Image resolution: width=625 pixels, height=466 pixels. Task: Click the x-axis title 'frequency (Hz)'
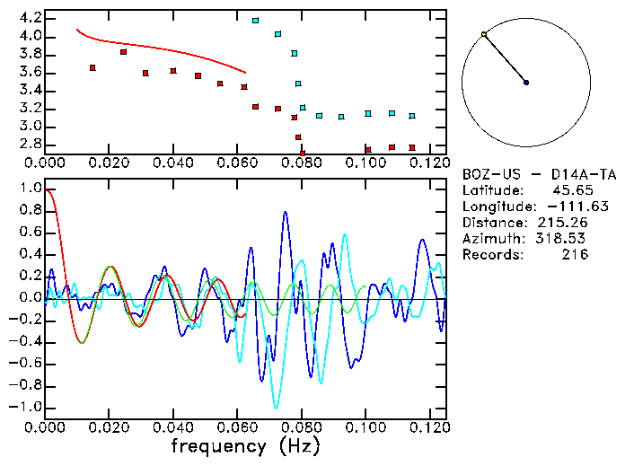click(x=245, y=445)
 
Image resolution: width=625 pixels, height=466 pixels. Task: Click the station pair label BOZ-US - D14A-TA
click(x=539, y=174)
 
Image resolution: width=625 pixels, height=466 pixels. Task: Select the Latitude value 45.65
click(x=571, y=190)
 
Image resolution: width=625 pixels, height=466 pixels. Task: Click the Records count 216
click(x=575, y=255)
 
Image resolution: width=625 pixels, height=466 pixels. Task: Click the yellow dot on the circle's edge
click(x=484, y=34)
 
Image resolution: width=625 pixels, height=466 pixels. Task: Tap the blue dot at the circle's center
click(x=526, y=83)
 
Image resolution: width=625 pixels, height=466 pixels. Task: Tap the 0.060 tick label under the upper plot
click(x=237, y=163)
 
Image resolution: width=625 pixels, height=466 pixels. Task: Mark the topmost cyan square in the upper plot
click(x=255, y=20)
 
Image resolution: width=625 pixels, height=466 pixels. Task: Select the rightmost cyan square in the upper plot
click(x=412, y=116)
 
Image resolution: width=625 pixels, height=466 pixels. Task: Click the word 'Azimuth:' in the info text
click(x=491, y=239)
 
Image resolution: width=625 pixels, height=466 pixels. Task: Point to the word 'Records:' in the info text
click(x=491, y=255)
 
